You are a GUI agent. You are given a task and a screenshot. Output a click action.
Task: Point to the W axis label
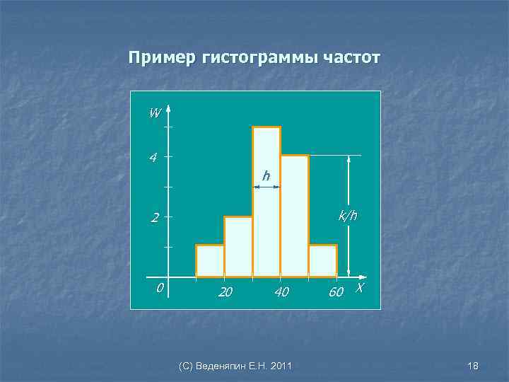(x=154, y=112)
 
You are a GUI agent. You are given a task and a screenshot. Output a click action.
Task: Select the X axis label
(x=360, y=288)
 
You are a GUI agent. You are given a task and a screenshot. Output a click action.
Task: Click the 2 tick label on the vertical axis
(x=153, y=218)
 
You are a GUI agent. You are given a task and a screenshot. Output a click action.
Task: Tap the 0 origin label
(x=160, y=288)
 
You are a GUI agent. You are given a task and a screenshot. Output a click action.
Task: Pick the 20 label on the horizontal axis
(x=226, y=291)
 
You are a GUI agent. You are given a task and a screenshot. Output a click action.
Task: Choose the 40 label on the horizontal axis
(x=281, y=291)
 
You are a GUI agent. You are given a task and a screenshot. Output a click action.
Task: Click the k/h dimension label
(x=348, y=216)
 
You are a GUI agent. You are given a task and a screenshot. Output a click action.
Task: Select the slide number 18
(x=473, y=366)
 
